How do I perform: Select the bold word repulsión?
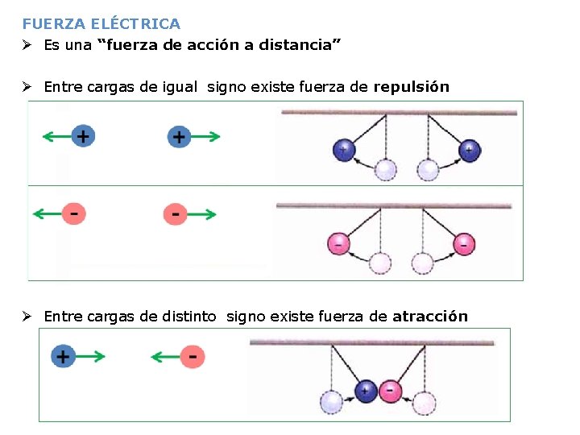(x=411, y=87)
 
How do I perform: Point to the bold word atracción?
(x=430, y=317)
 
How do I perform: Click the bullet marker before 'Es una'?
(x=27, y=45)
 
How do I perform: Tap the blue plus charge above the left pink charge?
(x=82, y=136)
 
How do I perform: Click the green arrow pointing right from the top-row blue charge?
(x=207, y=137)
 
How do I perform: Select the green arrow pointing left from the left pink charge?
(x=47, y=214)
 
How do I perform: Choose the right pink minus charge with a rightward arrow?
(x=176, y=214)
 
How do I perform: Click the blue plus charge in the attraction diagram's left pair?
(x=63, y=355)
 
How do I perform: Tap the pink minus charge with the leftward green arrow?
(x=192, y=355)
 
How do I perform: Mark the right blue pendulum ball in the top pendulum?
(x=469, y=150)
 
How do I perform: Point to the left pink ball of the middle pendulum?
(x=338, y=242)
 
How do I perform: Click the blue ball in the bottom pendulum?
(x=367, y=391)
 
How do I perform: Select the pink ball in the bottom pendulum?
(x=391, y=391)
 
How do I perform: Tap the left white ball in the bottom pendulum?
(x=331, y=401)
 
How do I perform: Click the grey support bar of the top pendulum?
(x=398, y=113)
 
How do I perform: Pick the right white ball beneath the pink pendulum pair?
(x=422, y=263)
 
